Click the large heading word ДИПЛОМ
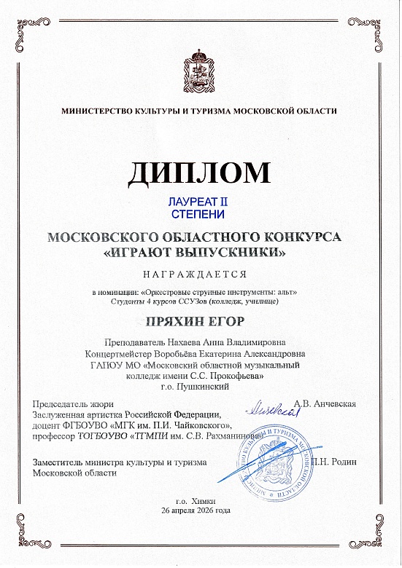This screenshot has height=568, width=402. (201, 173)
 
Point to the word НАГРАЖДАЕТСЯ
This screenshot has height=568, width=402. (200, 275)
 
